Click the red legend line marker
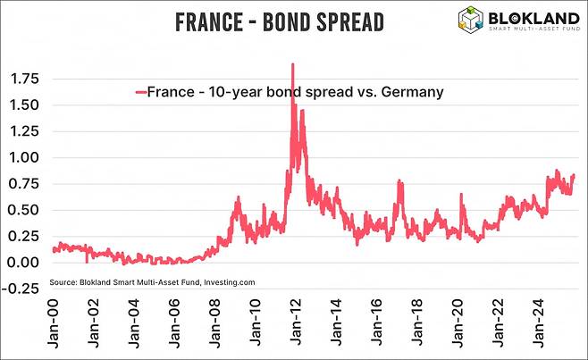[139, 91]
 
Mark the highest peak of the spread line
[292, 64]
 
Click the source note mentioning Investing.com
[153, 281]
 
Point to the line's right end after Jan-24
[573, 175]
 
